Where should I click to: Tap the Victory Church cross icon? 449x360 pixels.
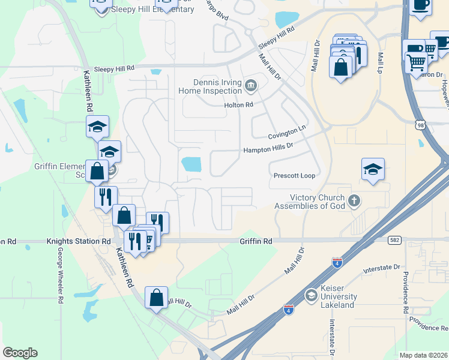[x=354, y=201]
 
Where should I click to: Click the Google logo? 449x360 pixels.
[x=20, y=353]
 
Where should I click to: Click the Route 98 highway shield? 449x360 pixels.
[x=420, y=123]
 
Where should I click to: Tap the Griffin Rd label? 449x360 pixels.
[x=256, y=241]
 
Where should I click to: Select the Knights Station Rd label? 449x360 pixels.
[x=79, y=241]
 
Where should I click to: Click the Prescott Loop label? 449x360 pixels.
[x=294, y=176]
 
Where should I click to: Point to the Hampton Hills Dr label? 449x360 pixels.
[x=268, y=148]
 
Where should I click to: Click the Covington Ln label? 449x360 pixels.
[x=287, y=131]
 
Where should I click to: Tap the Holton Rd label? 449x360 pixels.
[x=239, y=105]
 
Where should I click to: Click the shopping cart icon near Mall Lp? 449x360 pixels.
[x=416, y=62]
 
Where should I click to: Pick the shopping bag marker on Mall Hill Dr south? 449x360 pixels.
[x=156, y=298]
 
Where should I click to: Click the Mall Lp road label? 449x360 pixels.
[x=381, y=59]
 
